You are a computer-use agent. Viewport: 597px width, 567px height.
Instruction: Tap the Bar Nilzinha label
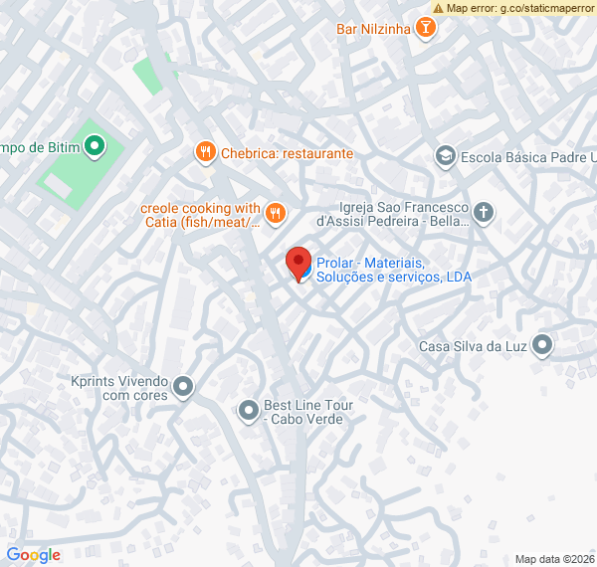point(373,29)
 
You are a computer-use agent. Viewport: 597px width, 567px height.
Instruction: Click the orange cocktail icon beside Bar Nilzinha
point(425,28)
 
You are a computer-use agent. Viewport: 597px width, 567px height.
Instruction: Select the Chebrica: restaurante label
point(287,153)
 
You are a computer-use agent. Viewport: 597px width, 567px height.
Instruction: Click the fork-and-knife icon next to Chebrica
point(205,152)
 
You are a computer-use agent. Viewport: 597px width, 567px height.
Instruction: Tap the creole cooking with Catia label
point(200,215)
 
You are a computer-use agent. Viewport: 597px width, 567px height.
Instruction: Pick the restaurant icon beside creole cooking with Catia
point(276,212)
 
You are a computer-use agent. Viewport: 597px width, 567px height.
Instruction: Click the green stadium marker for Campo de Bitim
point(95,148)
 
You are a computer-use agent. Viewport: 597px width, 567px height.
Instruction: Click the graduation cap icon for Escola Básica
point(445,156)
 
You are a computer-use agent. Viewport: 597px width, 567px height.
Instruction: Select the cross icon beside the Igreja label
point(483,212)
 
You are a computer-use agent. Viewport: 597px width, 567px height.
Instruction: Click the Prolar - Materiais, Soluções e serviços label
point(393,270)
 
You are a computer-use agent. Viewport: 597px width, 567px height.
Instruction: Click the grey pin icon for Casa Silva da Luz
point(542,345)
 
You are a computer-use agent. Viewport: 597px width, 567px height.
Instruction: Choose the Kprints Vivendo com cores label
point(120,387)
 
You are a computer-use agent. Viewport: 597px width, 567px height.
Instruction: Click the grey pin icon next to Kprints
point(182,386)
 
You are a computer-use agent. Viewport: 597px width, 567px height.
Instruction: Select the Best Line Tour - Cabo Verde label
point(308,412)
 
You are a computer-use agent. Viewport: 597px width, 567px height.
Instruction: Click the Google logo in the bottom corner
point(33,555)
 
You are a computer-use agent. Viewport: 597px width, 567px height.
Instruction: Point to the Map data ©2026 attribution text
point(555,559)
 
